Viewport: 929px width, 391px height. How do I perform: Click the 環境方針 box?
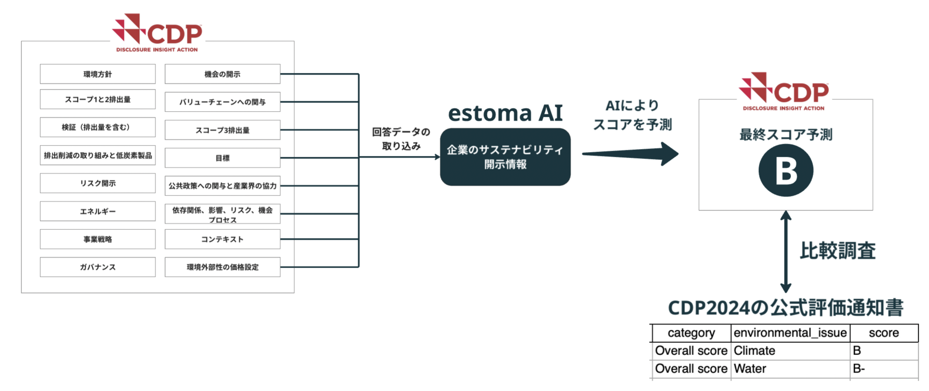[98, 74]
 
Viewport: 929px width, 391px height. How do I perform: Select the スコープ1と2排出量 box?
[98, 99]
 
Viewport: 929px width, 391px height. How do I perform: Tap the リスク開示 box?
[98, 183]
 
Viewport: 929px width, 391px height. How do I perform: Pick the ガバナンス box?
[98, 267]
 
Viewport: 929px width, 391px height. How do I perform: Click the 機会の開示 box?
[222, 74]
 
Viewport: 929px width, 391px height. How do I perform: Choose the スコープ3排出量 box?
[222, 130]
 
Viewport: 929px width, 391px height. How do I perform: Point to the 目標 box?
[222, 158]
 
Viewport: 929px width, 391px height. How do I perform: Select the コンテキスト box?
[222, 239]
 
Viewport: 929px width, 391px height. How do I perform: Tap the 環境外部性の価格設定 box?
[222, 267]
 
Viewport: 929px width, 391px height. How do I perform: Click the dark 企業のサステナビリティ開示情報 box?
[505, 157]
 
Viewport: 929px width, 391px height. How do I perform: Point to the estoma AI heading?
[505, 113]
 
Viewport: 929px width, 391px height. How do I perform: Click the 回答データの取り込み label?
[401, 139]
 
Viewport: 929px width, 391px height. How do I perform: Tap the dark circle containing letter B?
[786, 170]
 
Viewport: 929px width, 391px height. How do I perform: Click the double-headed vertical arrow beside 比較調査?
[786, 252]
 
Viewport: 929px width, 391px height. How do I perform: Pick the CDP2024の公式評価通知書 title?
[785, 308]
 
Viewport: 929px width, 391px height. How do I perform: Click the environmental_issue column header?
[790, 333]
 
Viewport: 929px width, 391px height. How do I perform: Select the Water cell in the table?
[750, 368]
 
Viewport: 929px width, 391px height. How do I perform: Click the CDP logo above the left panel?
[157, 33]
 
